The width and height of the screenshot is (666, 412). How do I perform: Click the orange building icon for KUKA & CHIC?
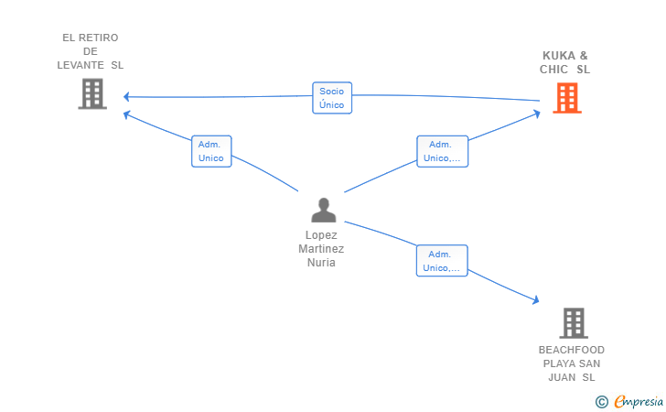[x=567, y=98]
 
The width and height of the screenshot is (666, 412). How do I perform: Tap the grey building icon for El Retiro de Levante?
[x=92, y=94]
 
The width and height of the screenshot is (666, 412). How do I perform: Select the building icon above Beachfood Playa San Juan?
[x=574, y=323]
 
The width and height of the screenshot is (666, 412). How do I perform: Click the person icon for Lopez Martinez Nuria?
[x=324, y=210]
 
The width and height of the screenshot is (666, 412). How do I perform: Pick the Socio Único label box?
[x=332, y=98]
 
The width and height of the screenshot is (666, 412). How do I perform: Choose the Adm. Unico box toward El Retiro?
[x=211, y=151]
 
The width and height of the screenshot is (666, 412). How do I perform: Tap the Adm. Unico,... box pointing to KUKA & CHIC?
[x=442, y=151]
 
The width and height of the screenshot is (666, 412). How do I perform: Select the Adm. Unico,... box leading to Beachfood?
[x=442, y=261]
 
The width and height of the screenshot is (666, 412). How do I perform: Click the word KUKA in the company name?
[x=559, y=56]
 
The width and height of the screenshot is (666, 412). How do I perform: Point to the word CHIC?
[x=553, y=70]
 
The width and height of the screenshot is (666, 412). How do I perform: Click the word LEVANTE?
[x=81, y=65]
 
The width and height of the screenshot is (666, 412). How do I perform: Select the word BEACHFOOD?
[x=572, y=350]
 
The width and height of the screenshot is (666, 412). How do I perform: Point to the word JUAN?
[x=562, y=377]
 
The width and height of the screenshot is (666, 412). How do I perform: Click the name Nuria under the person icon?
[x=321, y=263]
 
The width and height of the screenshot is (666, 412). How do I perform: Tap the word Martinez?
[x=321, y=249]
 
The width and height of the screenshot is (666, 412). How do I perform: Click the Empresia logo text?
[x=639, y=401]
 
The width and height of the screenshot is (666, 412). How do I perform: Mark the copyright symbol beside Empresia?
[x=602, y=402]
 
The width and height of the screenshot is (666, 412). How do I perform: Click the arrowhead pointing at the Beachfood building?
[x=536, y=299]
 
